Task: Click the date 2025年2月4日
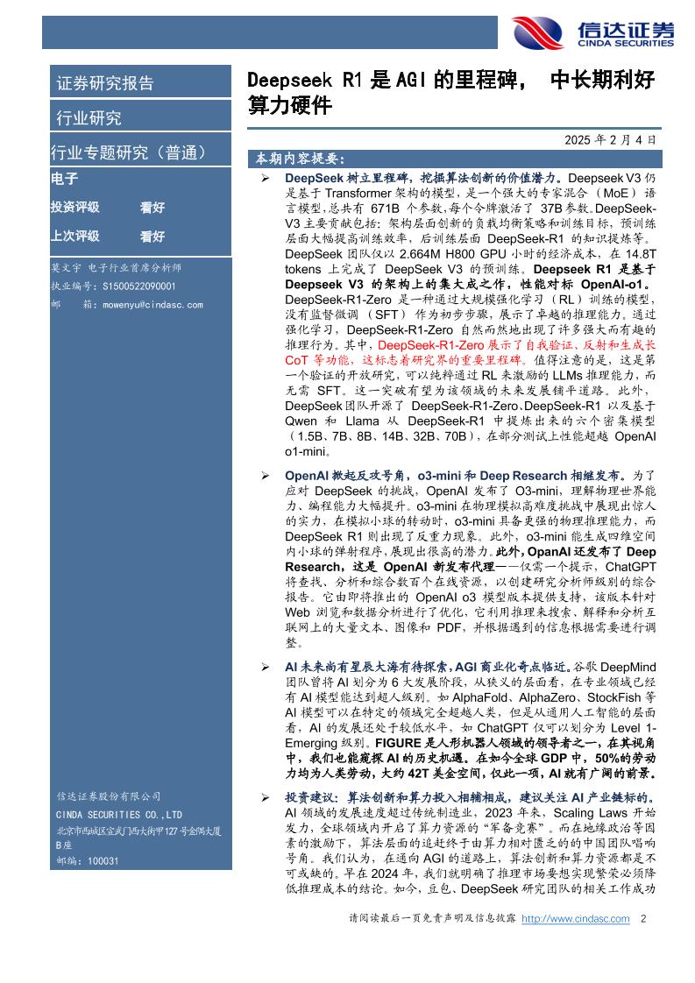click(x=610, y=139)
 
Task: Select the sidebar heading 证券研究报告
click(x=105, y=84)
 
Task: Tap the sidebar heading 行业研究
click(x=89, y=118)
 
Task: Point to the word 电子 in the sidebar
click(x=65, y=179)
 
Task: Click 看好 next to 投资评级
click(x=152, y=208)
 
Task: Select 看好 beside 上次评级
click(x=152, y=236)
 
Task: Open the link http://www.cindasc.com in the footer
click(x=575, y=919)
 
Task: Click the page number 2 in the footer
click(x=644, y=919)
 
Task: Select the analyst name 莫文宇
click(x=66, y=268)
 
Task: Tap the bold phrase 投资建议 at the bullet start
click(x=309, y=799)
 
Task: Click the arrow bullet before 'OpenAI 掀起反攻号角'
click(x=266, y=475)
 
